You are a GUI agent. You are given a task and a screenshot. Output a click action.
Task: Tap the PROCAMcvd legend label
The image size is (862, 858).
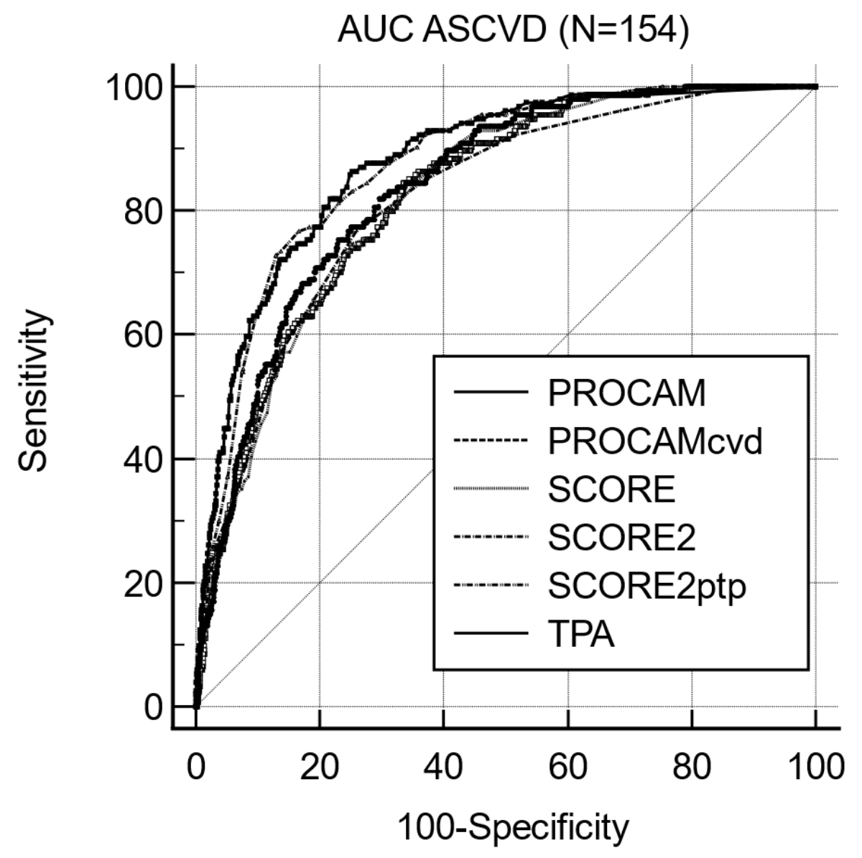654,442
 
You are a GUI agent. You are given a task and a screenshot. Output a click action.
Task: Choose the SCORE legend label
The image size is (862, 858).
611,490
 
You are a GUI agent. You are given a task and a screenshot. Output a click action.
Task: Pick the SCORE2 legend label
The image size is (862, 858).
622,538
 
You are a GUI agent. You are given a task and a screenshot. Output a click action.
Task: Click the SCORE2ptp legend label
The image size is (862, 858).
647,587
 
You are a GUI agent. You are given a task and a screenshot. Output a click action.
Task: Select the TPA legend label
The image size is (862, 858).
581,635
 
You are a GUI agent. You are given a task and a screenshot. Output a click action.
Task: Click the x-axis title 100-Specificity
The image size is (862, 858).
513,828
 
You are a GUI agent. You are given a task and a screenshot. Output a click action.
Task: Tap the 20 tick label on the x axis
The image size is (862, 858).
320,767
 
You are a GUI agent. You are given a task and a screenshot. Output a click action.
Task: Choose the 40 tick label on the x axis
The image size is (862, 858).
444,767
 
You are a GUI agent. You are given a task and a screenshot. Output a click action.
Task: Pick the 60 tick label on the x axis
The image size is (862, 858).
568,767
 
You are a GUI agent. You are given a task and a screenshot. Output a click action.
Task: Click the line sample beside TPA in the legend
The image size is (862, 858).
491,635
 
